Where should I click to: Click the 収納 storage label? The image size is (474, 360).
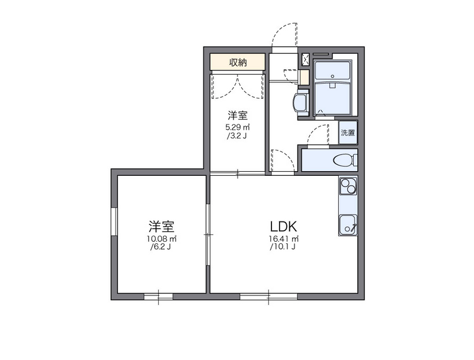pos(238,62)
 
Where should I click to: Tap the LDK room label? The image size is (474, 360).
pos(284,226)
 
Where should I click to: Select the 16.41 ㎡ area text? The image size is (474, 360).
pos(284,239)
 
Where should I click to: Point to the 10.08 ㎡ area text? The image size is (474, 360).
pos(161,239)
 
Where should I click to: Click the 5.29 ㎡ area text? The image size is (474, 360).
pos(239,127)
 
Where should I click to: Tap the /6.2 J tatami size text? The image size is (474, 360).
pos(161,247)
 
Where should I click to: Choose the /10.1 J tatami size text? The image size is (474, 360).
pos(283,247)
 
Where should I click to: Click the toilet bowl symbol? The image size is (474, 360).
pos(345,160)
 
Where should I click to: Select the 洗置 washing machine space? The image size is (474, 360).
pos(348,133)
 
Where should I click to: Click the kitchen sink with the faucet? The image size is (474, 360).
pos(348,224)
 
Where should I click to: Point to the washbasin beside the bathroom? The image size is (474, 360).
pos(301,102)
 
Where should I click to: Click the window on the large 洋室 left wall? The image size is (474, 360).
pos(114,221)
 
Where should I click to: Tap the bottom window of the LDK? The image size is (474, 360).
pos(268,297)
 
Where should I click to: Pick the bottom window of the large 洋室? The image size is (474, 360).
pos(158,297)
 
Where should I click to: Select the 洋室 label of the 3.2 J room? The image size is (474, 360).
pos(238,115)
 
